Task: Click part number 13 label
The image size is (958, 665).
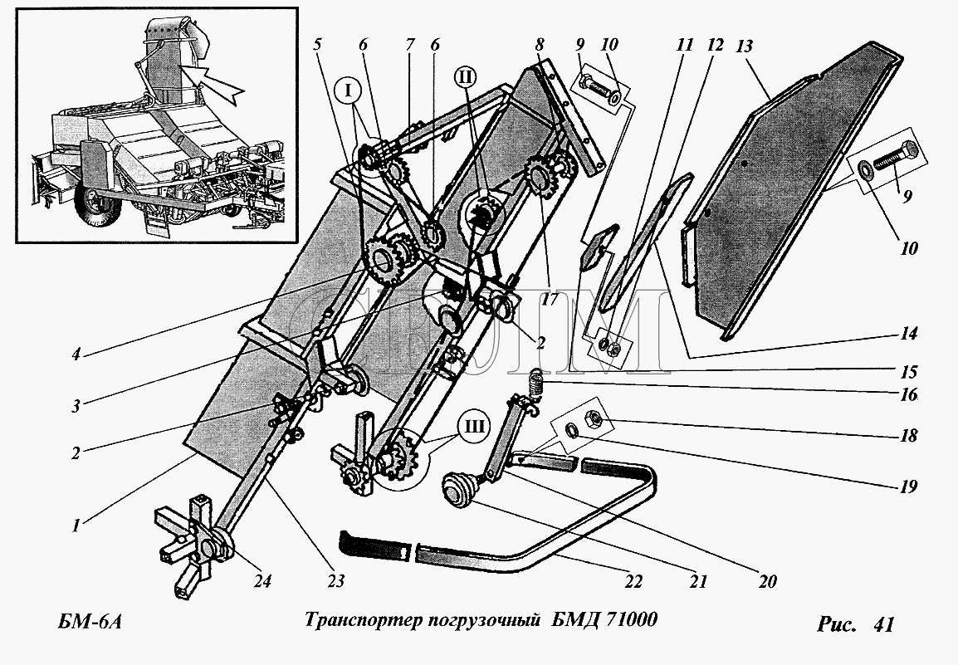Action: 744,46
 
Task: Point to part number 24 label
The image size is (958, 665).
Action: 262,581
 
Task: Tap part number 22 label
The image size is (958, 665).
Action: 633,581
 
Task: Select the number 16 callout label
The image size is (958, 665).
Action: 909,395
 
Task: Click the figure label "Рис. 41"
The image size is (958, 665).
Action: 855,624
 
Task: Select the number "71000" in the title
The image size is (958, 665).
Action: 633,620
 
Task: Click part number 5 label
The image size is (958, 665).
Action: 317,45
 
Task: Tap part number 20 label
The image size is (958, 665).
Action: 767,581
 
